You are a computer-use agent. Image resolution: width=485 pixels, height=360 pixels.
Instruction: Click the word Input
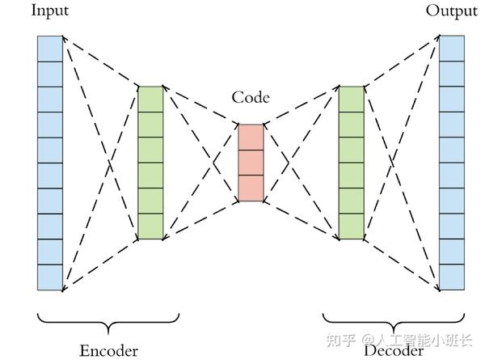[x=50, y=11]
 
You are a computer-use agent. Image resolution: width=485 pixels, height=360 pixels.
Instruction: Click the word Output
[x=451, y=11]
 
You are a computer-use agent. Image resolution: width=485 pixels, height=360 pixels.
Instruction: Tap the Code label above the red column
[x=251, y=97]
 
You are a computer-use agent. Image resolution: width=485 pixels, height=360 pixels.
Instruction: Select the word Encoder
[x=108, y=351]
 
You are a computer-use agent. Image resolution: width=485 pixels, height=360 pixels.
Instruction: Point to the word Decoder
[x=394, y=351]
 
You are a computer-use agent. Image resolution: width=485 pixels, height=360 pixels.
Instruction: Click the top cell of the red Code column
[x=251, y=138]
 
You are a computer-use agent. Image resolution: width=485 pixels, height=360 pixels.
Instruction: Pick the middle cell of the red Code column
[x=251, y=163]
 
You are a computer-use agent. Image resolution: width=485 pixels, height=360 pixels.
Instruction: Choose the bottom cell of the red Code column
[x=251, y=188]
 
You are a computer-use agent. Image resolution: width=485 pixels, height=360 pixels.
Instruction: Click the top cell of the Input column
[x=50, y=49]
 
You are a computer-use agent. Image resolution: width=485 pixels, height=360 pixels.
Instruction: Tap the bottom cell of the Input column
[x=50, y=277]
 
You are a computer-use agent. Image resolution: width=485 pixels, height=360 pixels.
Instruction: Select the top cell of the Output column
[x=452, y=49]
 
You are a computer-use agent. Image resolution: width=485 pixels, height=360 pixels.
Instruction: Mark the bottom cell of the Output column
[x=452, y=277]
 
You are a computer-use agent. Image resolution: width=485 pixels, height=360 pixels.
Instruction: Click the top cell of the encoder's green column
[x=150, y=100]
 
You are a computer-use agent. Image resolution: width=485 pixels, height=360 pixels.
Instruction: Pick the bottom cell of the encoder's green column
[x=150, y=227]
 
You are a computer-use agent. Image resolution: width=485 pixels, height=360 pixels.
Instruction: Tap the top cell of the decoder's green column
[x=352, y=100]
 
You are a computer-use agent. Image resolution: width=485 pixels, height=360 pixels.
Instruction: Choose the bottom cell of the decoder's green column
[x=352, y=227]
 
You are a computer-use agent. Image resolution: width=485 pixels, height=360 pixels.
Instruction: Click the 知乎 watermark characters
[x=340, y=341]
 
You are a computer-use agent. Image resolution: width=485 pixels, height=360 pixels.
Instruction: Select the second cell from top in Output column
[x=452, y=74]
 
